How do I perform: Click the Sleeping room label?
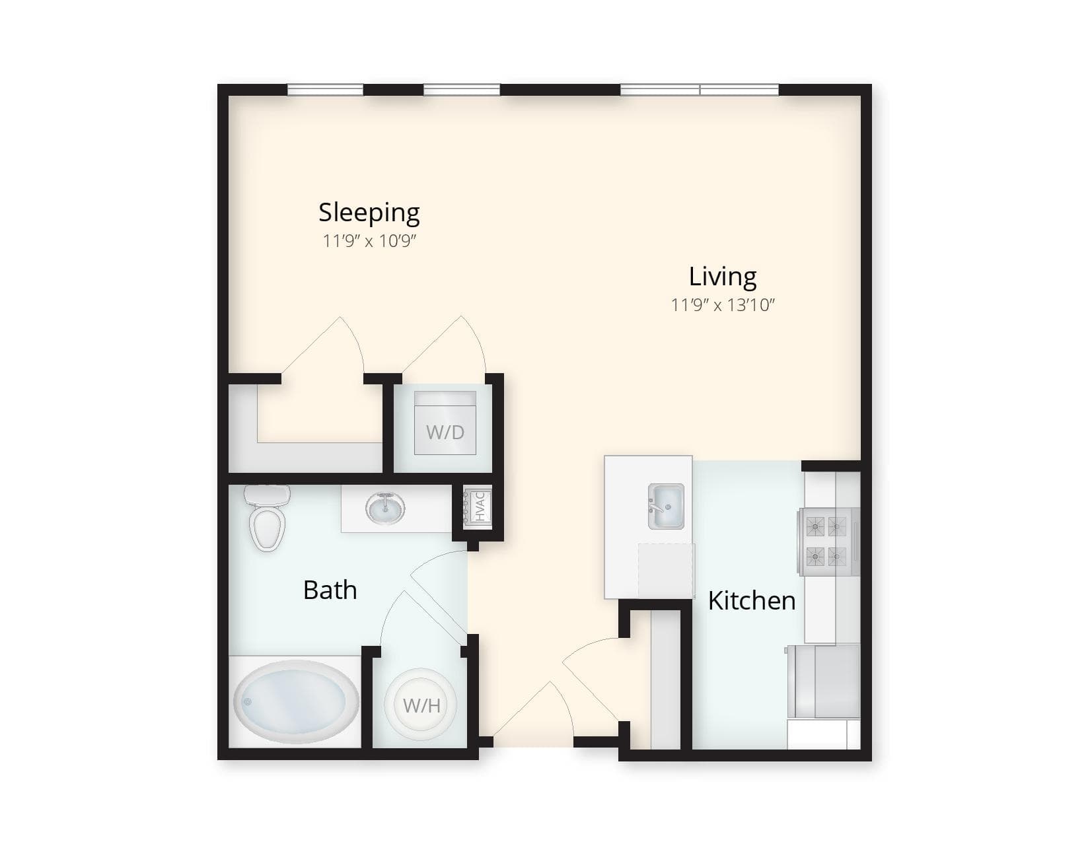click(x=369, y=213)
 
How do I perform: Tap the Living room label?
click(x=722, y=276)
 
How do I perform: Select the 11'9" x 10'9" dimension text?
click(x=369, y=241)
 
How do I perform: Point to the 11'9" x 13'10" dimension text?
click(x=723, y=305)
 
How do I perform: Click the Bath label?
click(x=330, y=590)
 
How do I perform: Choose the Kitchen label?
click(x=751, y=600)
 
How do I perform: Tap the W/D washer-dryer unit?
click(x=445, y=423)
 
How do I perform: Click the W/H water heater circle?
click(x=421, y=705)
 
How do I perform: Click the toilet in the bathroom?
click(x=267, y=518)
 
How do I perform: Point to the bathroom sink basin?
click(x=384, y=509)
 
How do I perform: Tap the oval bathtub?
click(x=296, y=701)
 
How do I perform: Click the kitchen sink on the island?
click(x=666, y=507)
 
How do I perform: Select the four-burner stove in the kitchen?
click(x=828, y=542)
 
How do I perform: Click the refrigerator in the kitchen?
click(x=824, y=682)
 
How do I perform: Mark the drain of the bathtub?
click(x=247, y=701)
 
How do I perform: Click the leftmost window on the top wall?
click(x=325, y=90)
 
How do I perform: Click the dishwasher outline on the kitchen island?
click(x=666, y=571)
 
